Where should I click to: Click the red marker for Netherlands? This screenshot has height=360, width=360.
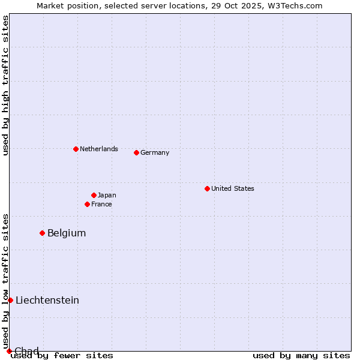[76, 149]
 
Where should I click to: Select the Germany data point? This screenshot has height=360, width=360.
[136, 152]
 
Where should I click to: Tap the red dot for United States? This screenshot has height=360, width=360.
[207, 188]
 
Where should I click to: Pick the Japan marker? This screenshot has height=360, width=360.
[94, 195]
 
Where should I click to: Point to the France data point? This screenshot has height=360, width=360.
[87, 204]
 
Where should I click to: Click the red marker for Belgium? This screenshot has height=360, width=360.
[42, 233]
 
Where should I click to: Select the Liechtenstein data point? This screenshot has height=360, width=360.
[10, 300]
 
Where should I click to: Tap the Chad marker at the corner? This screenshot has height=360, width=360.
[9, 351]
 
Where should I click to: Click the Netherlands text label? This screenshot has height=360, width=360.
[99, 149]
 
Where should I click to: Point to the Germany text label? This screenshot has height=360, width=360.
[155, 152]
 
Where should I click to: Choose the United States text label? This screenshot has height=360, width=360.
[233, 188]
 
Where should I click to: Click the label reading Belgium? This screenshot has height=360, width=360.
[67, 233]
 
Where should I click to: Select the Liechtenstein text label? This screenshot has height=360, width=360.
[47, 300]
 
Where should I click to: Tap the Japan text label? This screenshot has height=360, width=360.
[107, 195]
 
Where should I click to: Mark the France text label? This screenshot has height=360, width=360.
[101, 204]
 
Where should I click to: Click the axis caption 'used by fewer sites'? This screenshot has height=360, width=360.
[62, 355]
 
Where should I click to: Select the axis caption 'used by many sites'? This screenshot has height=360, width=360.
[301, 355]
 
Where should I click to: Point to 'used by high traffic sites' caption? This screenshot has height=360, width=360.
[6, 85]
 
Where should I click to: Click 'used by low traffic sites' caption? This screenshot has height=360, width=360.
[6, 281]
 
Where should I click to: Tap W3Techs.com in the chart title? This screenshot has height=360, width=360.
[295, 5]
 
